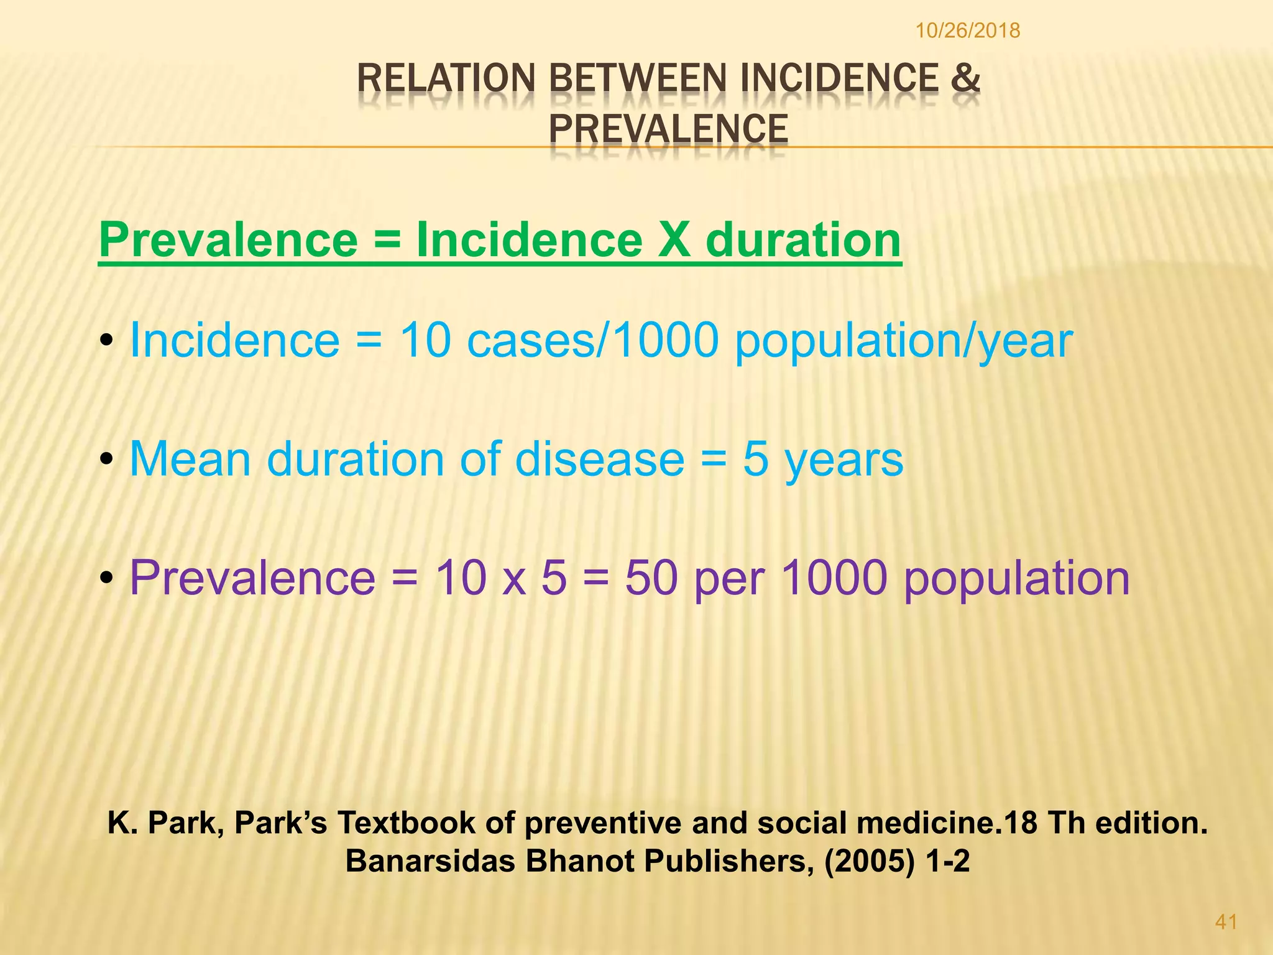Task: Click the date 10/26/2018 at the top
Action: [968, 30]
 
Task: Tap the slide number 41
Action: [1226, 922]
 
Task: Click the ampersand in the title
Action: [965, 79]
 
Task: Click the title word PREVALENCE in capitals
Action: [668, 129]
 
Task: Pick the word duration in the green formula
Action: [803, 240]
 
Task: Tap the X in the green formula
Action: [674, 240]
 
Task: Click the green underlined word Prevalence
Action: [229, 240]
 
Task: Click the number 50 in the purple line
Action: [651, 578]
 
